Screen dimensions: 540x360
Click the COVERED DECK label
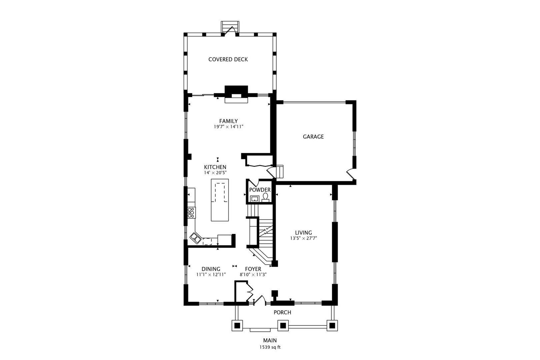click(228, 59)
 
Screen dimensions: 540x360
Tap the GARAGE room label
click(313, 137)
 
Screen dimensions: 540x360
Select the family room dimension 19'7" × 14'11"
click(229, 127)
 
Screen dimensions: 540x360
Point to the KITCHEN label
click(215, 167)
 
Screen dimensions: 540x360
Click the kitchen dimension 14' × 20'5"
click(215, 173)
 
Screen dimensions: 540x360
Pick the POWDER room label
click(260, 190)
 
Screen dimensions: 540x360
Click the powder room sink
click(255, 199)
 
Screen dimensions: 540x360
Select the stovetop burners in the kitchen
click(191, 213)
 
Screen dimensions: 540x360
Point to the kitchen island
click(220, 200)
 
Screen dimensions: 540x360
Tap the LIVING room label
click(304, 233)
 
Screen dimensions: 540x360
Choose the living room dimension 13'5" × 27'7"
click(304, 238)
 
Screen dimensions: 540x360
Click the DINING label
click(211, 269)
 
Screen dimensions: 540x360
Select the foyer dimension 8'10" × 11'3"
click(253, 274)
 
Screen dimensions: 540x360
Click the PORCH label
click(282, 312)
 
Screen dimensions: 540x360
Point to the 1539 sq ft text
click(270, 347)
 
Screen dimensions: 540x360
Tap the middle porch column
click(283, 326)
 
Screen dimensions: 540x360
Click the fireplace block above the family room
click(236, 91)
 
